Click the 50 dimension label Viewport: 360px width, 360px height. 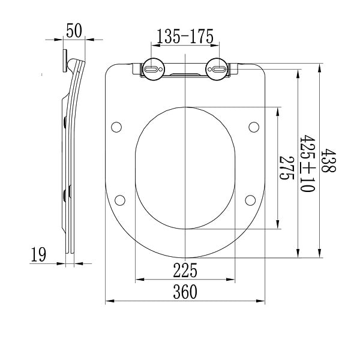(x=74, y=31)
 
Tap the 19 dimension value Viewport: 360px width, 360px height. (x=38, y=254)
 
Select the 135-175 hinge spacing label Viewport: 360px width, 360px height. (x=185, y=36)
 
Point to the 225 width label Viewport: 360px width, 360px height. (x=185, y=270)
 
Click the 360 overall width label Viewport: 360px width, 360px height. (x=185, y=292)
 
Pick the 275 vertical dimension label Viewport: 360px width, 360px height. (x=287, y=168)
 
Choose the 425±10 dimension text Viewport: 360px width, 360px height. (x=307, y=163)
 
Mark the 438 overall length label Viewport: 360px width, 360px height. (x=328, y=160)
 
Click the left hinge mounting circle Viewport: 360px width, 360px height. (x=153, y=69)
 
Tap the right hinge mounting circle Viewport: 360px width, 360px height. (x=217, y=69)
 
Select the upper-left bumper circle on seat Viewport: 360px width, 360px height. (x=116, y=127)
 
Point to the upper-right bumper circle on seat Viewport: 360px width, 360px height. (x=254, y=127)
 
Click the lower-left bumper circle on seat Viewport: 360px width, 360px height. (x=120, y=200)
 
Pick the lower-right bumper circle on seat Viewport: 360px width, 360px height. (x=250, y=200)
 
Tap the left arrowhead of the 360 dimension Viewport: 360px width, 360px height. (x=110, y=301)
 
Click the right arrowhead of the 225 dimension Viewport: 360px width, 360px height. (x=230, y=280)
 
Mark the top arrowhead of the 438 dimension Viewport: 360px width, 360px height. (x=319, y=68)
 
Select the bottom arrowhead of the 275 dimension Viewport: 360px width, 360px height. (x=278, y=224)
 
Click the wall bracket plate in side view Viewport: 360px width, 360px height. (x=65, y=61)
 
